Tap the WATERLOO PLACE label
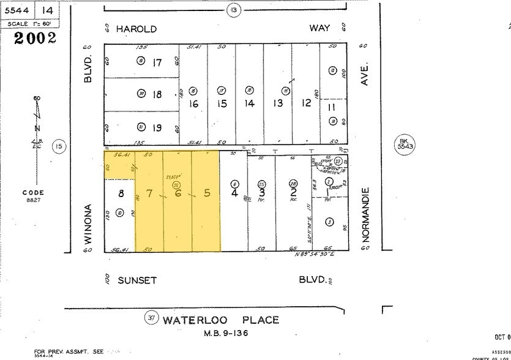tap(221, 320)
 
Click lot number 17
tap(157, 62)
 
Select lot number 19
tap(157, 128)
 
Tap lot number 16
tap(193, 103)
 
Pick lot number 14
tap(249, 103)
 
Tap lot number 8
tap(121, 194)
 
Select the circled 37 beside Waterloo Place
tap(151, 318)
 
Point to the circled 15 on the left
tap(58, 146)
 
